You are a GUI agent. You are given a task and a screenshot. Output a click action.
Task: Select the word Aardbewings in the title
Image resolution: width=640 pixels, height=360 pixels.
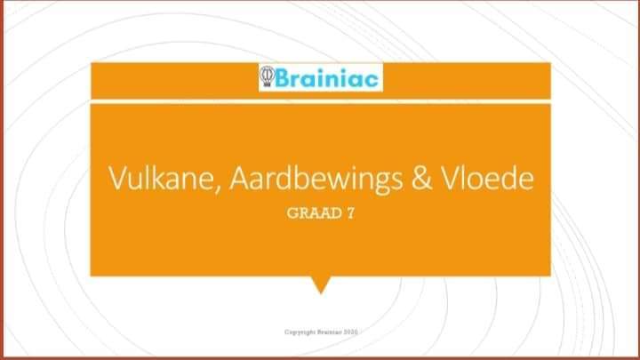[x=316, y=180]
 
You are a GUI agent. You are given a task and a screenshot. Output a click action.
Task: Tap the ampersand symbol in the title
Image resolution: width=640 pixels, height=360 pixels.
[x=422, y=179]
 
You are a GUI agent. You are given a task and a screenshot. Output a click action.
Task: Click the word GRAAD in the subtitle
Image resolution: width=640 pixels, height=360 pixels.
[x=315, y=213]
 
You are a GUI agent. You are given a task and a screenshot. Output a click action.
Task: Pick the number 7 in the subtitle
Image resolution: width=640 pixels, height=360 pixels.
[x=350, y=213]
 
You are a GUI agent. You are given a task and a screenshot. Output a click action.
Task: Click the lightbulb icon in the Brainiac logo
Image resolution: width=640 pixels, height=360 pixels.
[x=267, y=76]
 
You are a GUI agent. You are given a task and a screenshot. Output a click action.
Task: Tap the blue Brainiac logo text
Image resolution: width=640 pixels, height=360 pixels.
[x=327, y=77]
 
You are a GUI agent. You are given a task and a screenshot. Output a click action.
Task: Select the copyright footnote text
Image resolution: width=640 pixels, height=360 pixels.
[x=321, y=332]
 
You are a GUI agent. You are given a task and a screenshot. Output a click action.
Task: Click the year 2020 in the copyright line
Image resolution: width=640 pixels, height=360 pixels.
[x=350, y=332]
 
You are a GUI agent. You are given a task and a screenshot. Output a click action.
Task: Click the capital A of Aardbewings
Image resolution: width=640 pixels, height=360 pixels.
[x=240, y=178]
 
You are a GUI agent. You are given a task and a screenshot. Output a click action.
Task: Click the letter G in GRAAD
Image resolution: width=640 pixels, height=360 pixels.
[x=292, y=213]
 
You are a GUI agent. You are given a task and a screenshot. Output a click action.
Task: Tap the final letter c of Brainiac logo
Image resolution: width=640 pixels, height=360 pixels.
[x=371, y=80]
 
